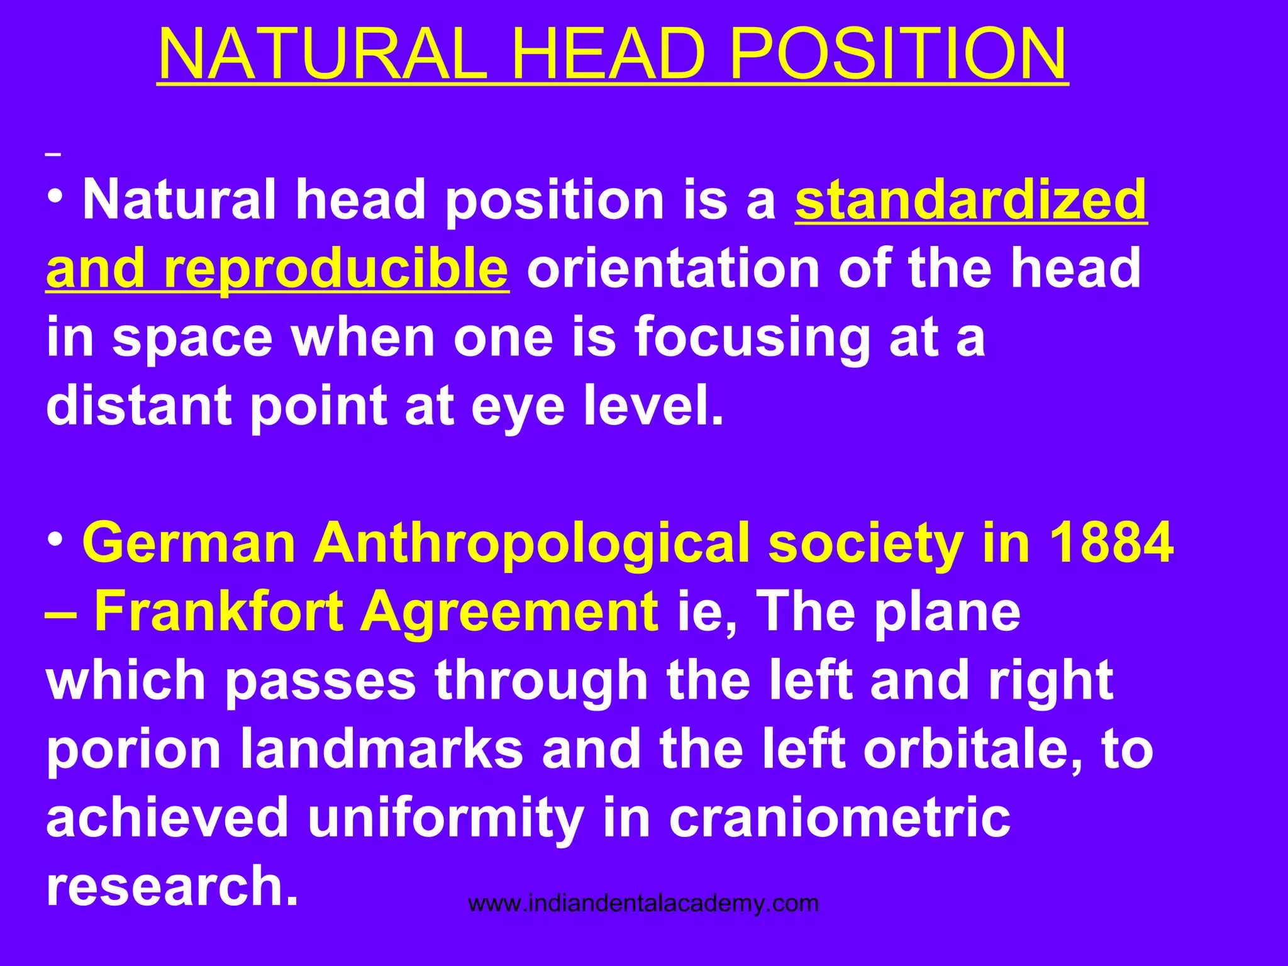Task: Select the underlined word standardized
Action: coord(971,200)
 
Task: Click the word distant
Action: coord(138,406)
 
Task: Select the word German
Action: coord(189,543)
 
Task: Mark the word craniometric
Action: coord(840,818)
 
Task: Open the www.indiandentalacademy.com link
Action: coord(643,904)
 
